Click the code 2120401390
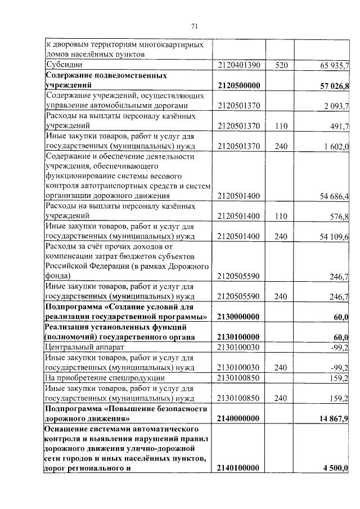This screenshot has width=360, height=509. click(x=238, y=66)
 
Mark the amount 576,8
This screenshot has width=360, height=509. click(x=340, y=217)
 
